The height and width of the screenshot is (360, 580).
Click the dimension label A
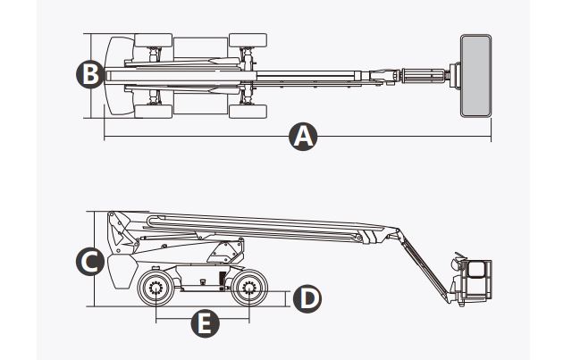[x=304, y=137]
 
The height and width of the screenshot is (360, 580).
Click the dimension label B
[x=88, y=75]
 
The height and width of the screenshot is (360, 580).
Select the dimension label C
[x=88, y=261]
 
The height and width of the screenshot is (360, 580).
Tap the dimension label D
[x=307, y=297]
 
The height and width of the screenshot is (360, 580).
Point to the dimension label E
[x=205, y=323]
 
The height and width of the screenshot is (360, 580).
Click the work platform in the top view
[x=475, y=75]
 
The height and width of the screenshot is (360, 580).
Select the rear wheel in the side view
[x=156, y=288]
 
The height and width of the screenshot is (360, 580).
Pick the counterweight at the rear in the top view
[x=116, y=75]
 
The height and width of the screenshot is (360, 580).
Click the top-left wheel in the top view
[x=153, y=40]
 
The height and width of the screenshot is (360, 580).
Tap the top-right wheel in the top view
[x=247, y=40]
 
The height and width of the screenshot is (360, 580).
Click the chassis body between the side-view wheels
[x=202, y=282]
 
